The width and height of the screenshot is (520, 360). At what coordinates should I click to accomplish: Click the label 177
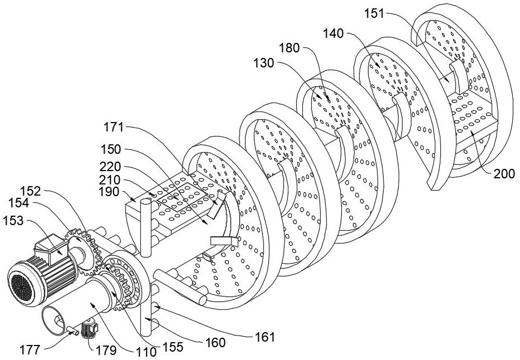(x=31, y=349)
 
